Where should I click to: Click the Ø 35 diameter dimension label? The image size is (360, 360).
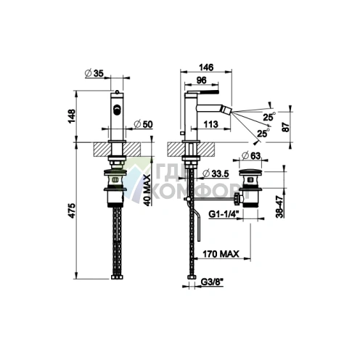(94, 73)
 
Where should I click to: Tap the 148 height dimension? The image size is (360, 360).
(72, 116)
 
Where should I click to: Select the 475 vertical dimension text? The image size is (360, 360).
(72, 211)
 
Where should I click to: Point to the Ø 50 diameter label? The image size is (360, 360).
(143, 124)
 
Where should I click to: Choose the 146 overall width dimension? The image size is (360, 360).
(206, 67)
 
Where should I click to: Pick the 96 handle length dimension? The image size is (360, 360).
(201, 80)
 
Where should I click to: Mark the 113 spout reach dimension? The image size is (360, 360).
(210, 124)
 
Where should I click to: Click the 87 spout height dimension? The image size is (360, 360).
(286, 127)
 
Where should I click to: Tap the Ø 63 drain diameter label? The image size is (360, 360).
(251, 155)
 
